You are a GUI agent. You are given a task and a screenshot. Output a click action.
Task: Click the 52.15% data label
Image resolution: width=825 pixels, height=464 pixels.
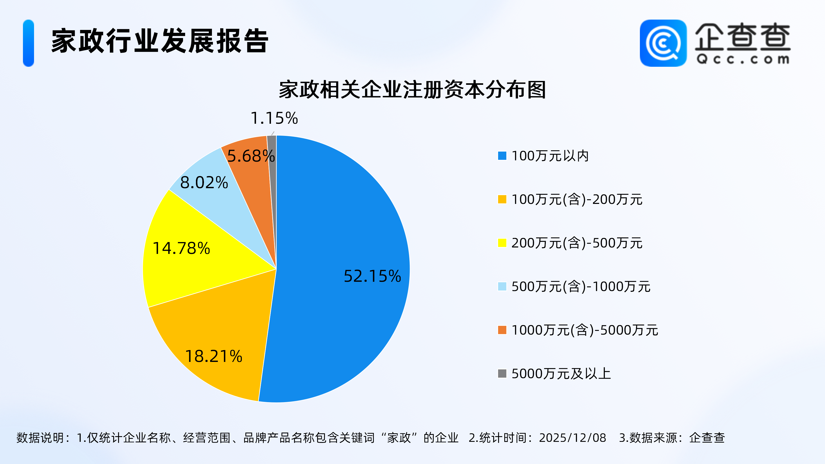coord(372,276)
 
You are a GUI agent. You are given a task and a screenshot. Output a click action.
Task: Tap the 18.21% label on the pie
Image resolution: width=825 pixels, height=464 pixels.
coord(214,356)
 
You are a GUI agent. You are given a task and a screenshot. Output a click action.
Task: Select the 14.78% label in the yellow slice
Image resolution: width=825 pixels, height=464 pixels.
coord(181,248)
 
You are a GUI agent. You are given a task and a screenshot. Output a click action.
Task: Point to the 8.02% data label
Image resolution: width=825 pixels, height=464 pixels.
coord(204,183)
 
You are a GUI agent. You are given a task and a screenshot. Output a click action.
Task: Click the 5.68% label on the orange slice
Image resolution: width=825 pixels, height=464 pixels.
coord(250,156)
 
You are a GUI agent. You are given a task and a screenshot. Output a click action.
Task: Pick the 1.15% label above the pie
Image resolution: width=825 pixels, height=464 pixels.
coord(274,118)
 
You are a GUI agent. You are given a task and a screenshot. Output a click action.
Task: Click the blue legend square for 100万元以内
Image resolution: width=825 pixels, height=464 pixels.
coord(502,156)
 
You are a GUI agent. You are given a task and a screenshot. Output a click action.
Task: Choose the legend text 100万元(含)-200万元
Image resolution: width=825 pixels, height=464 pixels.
coord(577,200)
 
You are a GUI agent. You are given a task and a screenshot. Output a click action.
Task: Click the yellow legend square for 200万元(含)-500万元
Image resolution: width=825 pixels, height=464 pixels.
coord(502,243)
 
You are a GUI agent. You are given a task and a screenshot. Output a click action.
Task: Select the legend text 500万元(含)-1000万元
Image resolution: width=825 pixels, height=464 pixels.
coord(581,287)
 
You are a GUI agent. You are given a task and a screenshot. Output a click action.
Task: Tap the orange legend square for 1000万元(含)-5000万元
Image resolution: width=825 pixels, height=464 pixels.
coord(502,330)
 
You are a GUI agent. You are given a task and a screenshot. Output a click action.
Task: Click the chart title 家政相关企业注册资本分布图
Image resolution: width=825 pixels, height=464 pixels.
coord(412,90)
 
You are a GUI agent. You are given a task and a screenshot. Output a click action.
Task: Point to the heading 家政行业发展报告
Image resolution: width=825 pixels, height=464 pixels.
coord(160,41)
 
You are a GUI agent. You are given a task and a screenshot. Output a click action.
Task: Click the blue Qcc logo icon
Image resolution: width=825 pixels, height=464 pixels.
coord(663,43)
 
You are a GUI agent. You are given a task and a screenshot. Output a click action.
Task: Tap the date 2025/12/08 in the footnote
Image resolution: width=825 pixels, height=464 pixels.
coord(572,438)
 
